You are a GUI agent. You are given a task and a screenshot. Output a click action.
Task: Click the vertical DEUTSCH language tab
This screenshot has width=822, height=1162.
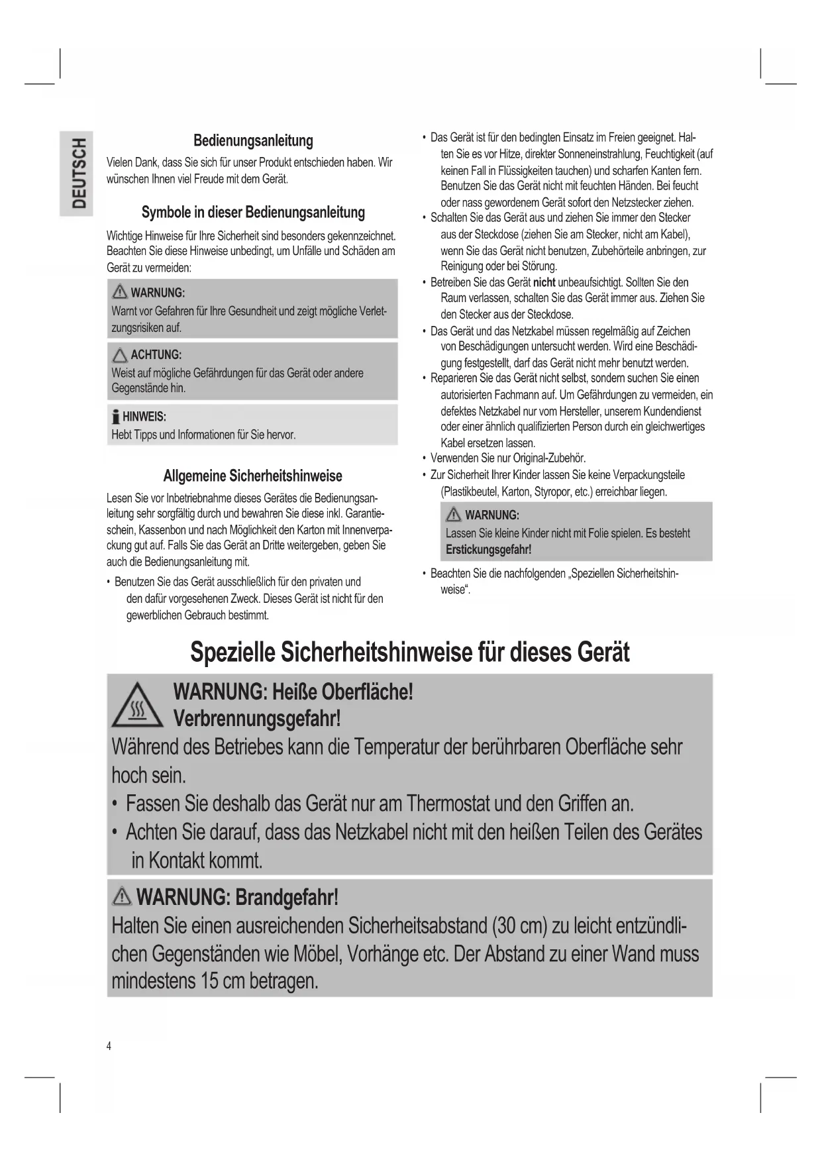tap(78, 173)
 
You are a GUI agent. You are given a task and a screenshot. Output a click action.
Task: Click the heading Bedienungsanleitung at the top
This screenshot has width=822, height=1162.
tap(253, 140)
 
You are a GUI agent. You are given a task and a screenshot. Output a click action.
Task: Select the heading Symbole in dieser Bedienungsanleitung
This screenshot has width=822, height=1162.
tap(253, 213)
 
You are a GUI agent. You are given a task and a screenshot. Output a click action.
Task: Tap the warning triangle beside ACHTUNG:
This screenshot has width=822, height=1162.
tap(120, 354)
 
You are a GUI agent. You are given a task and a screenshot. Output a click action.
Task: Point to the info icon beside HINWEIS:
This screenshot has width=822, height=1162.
tap(116, 416)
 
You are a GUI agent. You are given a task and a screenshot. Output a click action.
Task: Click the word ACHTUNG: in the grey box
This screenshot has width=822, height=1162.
tap(156, 354)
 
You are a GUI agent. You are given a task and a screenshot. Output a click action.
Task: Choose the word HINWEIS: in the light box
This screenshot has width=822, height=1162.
tap(144, 417)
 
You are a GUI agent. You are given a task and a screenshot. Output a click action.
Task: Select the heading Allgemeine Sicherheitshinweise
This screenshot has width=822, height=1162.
tap(253, 476)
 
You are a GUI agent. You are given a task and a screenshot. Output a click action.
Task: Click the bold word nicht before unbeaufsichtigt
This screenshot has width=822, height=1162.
tap(544, 282)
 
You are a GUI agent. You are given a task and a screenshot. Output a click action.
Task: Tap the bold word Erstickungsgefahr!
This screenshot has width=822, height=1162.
tap(488, 550)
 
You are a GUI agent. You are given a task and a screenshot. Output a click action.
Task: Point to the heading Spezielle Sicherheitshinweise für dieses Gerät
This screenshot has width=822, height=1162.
tap(409, 652)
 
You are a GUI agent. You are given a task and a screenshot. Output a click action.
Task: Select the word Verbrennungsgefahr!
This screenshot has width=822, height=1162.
tap(257, 718)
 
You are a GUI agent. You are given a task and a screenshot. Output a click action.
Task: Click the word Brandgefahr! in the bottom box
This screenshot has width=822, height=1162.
tap(287, 898)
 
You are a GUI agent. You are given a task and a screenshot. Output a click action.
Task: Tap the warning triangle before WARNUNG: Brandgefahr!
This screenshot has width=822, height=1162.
tap(122, 897)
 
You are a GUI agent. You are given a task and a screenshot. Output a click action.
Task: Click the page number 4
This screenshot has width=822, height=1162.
tap(109, 1046)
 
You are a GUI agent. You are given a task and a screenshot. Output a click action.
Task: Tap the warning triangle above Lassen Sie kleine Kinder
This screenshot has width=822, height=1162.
tap(454, 515)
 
